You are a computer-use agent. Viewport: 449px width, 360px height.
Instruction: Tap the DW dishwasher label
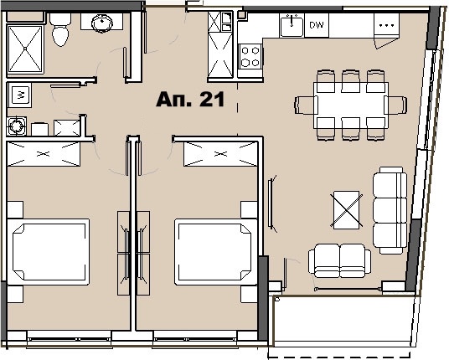(316, 26)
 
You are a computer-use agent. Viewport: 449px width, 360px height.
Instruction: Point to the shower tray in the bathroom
(26, 48)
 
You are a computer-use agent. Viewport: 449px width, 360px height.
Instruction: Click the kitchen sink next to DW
(292, 26)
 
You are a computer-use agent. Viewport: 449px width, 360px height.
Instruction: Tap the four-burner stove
(250, 55)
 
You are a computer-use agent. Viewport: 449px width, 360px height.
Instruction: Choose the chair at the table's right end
(395, 105)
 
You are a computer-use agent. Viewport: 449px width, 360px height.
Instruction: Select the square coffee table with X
(346, 205)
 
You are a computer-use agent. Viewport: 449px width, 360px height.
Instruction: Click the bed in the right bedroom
(214, 251)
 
